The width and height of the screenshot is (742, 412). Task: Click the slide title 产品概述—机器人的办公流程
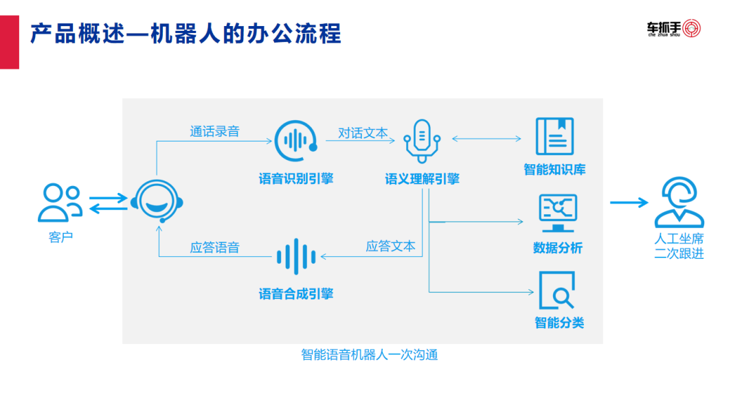pyautogui.click(x=185, y=34)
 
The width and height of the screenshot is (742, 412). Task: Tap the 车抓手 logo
pyautogui.click(x=673, y=29)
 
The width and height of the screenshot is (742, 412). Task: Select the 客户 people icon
pyautogui.click(x=60, y=203)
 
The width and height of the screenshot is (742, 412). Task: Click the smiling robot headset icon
pyautogui.click(x=158, y=200)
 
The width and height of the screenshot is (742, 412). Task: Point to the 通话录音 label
pyautogui.click(x=214, y=131)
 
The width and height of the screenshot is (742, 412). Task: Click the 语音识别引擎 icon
pyautogui.click(x=295, y=141)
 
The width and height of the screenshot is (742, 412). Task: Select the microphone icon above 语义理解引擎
pyautogui.click(x=422, y=141)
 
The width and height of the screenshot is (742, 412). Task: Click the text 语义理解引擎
pyautogui.click(x=422, y=179)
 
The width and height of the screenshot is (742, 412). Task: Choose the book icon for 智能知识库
pyautogui.click(x=554, y=137)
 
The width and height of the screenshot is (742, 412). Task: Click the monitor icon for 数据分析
pyautogui.click(x=557, y=213)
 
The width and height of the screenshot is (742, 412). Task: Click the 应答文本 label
pyautogui.click(x=390, y=246)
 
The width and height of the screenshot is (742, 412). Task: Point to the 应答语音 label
pyautogui.click(x=214, y=247)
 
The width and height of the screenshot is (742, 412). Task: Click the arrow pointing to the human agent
pyautogui.click(x=628, y=203)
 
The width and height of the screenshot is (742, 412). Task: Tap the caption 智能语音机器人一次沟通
pyautogui.click(x=369, y=355)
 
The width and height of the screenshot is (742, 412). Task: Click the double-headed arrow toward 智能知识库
pyautogui.click(x=486, y=139)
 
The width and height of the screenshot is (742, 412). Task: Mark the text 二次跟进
pyautogui.click(x=679, y=253)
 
